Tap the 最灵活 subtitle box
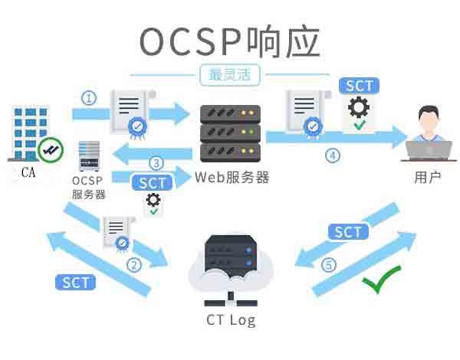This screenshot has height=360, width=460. (229, 75)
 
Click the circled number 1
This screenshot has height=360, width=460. (90, 98)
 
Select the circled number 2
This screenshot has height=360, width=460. (134, 266)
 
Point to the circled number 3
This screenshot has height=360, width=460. (156, 163)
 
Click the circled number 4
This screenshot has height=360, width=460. (332, 155)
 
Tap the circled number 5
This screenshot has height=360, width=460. (329, 265)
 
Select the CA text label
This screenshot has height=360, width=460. (29, 172)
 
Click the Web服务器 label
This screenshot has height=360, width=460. (232, 178)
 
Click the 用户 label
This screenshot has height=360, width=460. (427, 178)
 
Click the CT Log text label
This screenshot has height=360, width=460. (231, 320)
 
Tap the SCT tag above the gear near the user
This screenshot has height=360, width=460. (359, 85)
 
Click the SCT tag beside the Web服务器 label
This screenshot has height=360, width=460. (153, 183)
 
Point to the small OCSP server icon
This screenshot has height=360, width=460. (89, 156)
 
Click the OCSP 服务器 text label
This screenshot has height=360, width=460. (88, 188)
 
